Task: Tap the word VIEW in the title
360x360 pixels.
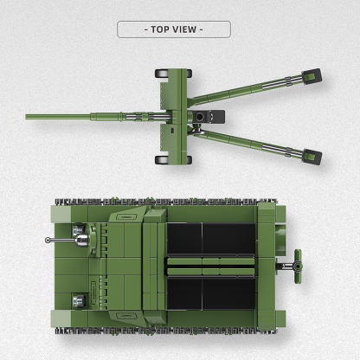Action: point(186,29)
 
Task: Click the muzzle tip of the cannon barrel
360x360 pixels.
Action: point(29,115)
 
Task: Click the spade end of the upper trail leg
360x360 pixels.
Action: point(310,77)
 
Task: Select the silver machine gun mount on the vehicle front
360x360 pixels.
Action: point(82,234)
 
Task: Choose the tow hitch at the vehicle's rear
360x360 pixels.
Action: point(299,257)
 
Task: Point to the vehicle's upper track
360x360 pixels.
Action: point(173,204)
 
